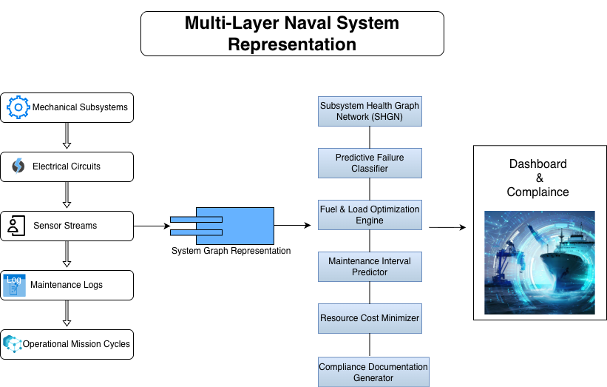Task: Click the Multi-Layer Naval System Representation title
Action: (292, 33)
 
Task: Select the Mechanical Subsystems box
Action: (67, 107)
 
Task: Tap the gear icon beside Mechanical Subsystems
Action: (18, 107)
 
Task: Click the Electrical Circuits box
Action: (67, 166)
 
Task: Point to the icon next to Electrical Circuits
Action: (18, 166)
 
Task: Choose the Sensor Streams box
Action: (67, 226)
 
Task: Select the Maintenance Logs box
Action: (67, 285)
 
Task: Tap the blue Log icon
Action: (14, 285)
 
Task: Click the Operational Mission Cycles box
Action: (67, 344)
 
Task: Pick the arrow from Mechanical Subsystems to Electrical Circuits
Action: (67, 136)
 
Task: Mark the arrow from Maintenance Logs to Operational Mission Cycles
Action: (67, 314)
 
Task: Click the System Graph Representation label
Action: (231, 251)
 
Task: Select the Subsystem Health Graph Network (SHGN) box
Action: (370, 111)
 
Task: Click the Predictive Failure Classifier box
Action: (370, 163)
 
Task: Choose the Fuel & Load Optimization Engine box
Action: (370, 215)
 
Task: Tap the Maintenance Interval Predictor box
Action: (370, 266)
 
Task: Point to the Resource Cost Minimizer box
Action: (370, 318)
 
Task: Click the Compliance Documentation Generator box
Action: (373, 371)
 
